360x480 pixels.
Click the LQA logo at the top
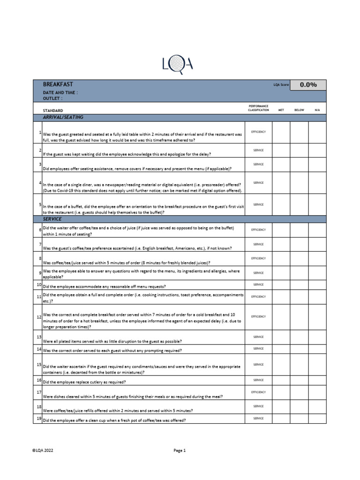tap(177, 65)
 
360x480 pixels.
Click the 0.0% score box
tap(308, 85)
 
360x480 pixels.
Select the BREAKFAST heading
tap(58, 84)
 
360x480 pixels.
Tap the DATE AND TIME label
tap(60, 93)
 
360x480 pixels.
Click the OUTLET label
tap(52, 99)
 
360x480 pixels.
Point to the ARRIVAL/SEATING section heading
tap(63, 117)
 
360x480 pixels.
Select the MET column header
tap(281, 110)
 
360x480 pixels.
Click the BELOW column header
tap(299, 110)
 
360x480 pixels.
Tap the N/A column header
tap(317, 110)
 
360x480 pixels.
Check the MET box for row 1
tap(281, 133)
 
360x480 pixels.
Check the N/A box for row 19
tap(317, 418)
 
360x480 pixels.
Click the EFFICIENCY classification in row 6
tap(258, 230)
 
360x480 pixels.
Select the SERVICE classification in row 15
tap(258, 364)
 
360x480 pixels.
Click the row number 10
tap(39, 285)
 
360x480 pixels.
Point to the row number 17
tap(39, 391)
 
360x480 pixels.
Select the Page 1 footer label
tap(180, 450)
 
